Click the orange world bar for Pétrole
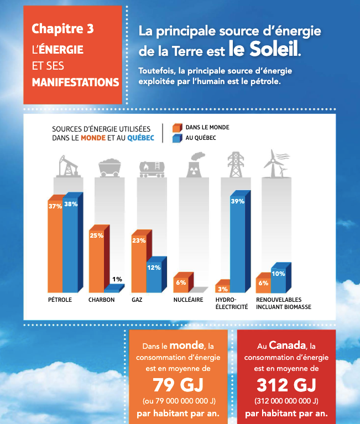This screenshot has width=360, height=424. click(55, 246)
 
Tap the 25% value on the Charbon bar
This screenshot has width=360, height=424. click(96, 235)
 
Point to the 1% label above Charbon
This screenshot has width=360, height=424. click(117, 279)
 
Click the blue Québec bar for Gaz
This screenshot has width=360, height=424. click(154, 276)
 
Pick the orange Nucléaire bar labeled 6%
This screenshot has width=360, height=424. click(181, 283)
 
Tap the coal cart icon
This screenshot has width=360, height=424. click(110, 166)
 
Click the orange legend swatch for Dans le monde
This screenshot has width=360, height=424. click(177, 128)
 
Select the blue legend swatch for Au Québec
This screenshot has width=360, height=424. click(177, 138)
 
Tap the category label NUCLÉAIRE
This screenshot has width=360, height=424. click(188, 300)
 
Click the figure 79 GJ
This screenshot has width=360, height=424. click(179, 384)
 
